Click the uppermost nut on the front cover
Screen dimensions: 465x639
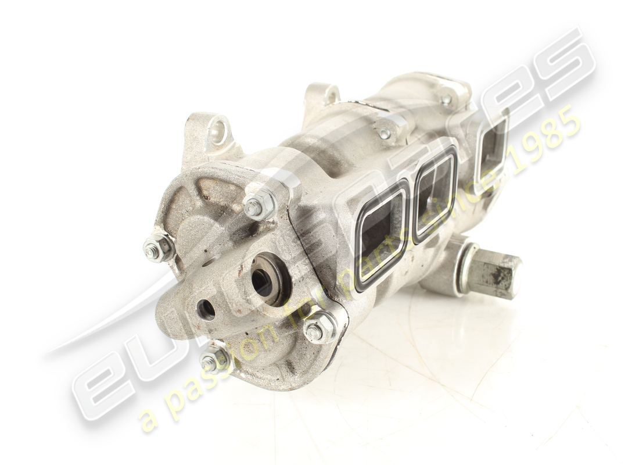point(258,205)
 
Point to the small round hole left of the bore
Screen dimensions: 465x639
point(206,309)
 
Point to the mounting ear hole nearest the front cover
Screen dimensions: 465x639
point(218,132)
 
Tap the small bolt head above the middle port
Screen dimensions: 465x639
point(384,134)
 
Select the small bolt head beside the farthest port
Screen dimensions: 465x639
point(446,99)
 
